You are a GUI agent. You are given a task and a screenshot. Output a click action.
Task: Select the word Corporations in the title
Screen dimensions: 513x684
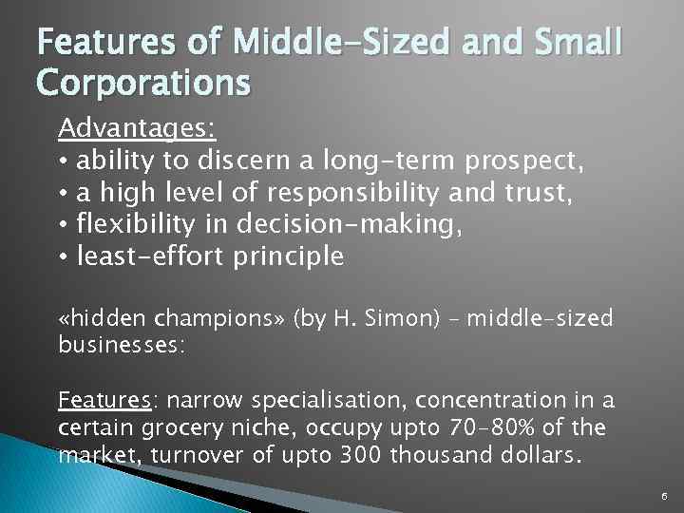click(x=143, y=83)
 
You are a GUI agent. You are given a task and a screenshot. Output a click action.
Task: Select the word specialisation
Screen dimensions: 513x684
click(x=307, y=399)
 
